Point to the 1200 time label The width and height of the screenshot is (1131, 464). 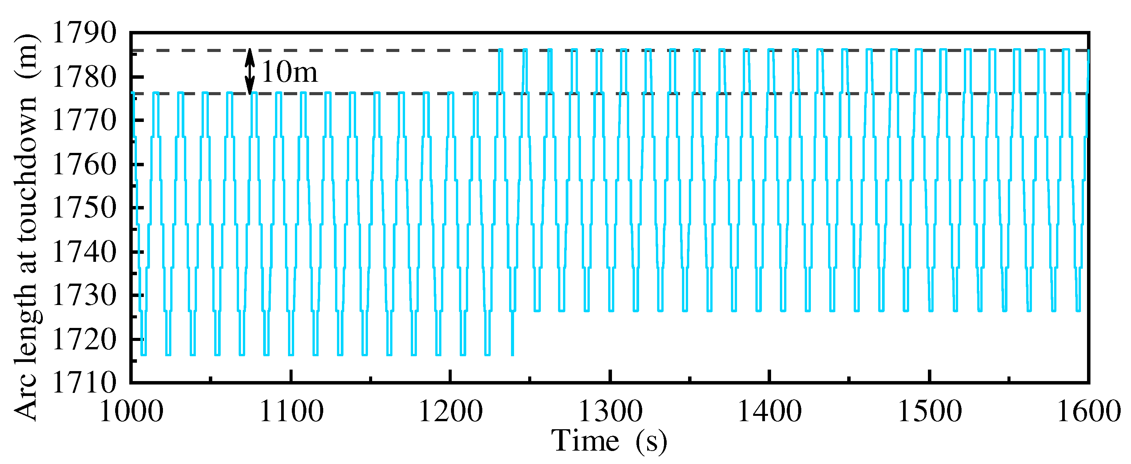[451, 412]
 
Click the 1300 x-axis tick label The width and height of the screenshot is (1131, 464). [611, 412]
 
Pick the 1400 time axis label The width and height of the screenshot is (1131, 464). [770, 412]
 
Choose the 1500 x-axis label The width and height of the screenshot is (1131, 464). [930, 412]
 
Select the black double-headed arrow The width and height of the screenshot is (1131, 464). [250, 71]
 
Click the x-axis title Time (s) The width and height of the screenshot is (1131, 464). [609, 441]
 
